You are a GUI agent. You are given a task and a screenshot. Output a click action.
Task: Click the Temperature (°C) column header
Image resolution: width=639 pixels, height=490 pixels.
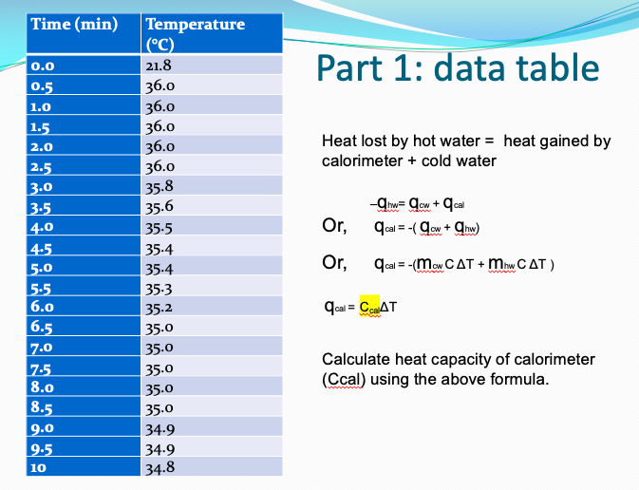196,32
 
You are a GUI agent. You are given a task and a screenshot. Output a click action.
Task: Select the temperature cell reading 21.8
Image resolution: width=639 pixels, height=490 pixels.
159,66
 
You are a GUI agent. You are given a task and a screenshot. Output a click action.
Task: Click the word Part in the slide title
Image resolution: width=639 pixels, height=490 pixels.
356,68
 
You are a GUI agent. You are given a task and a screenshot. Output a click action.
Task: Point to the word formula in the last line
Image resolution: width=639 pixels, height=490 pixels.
519,379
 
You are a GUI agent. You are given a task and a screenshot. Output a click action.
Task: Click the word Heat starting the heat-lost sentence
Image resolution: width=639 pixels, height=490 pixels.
339,141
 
